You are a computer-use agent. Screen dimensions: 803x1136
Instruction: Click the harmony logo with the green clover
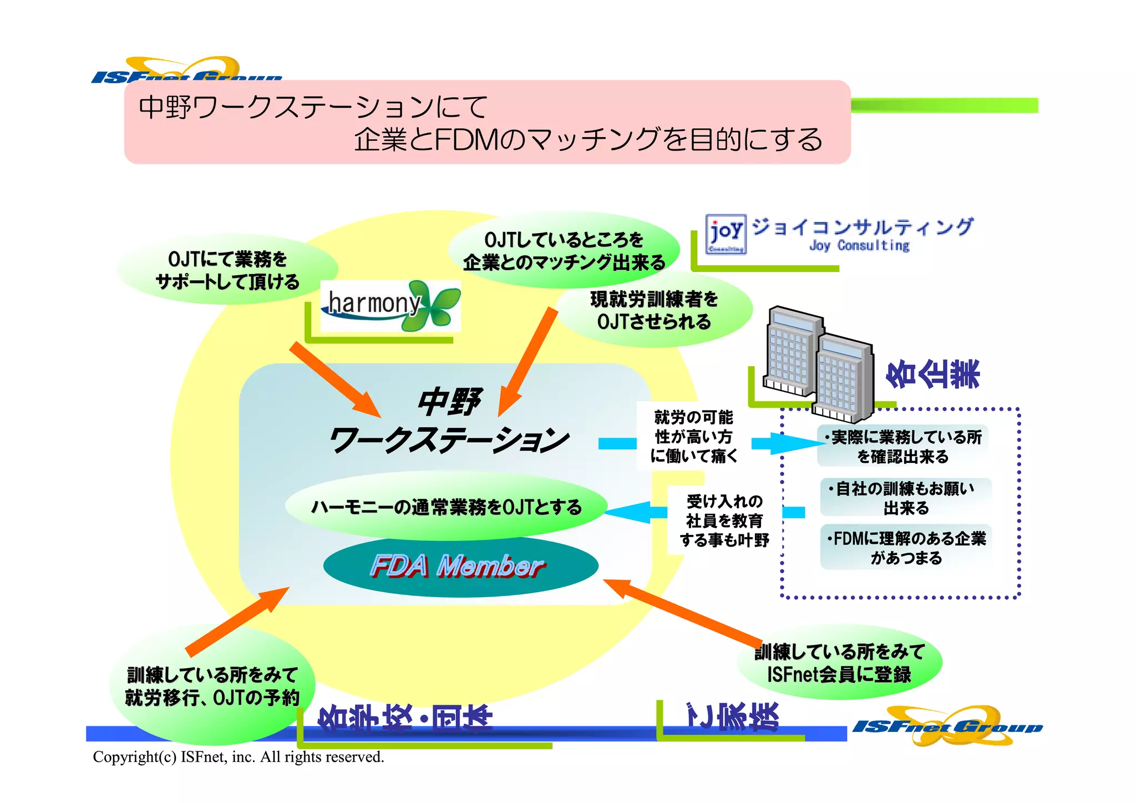pos(390,306)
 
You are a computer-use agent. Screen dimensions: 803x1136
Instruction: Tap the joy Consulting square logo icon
pos(726,234)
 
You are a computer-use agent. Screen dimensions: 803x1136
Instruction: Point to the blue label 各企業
pos(932,373)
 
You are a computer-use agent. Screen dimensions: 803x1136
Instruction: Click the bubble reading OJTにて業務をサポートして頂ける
pos(227,270)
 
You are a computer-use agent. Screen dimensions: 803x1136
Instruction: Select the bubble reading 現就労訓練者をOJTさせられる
pos(654,310)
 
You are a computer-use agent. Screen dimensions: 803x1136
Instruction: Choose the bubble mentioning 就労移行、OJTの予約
pos(212,686)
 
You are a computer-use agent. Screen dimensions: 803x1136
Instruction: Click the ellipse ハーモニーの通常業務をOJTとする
pos(446,507)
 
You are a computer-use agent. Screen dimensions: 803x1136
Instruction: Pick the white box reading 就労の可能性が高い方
pos(693,436)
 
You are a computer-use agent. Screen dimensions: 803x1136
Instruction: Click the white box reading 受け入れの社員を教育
pos(724,521)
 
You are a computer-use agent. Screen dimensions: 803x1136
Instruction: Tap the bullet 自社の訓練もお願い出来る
pos(905,498)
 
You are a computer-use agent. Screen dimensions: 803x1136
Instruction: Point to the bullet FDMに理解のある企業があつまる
pos(906,548)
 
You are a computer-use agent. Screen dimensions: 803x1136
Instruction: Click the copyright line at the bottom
pos(239,757)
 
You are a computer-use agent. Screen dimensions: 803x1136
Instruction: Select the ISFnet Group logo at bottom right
pos(947,725)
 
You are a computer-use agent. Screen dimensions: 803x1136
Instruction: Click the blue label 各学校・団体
pos(405,717)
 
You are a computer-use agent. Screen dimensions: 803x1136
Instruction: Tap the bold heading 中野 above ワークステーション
pos(449,402)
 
